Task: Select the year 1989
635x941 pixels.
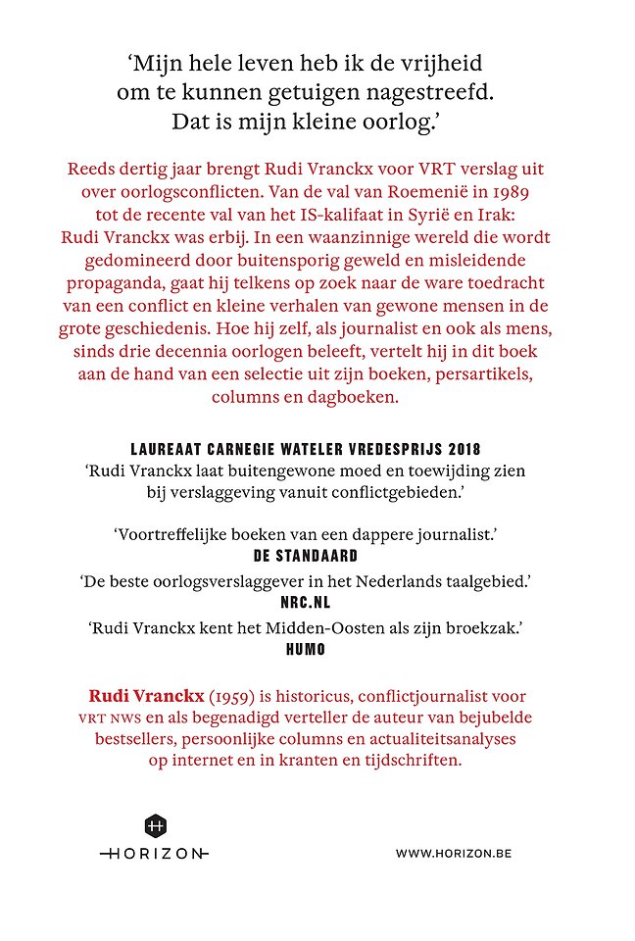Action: pyautogui.click(x=522, y=189)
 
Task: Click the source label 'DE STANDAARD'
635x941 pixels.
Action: pyautogui.click(x=317, y=555)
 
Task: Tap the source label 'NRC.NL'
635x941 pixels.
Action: pyautogui.click(x=317, y=603)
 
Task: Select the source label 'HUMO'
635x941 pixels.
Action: pyautogui.click(x=317, y=650)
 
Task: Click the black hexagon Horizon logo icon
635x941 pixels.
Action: pyautogui.click(x=155, y=825)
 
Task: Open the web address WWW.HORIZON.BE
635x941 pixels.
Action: pyautogui.click(x=454, y=853)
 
